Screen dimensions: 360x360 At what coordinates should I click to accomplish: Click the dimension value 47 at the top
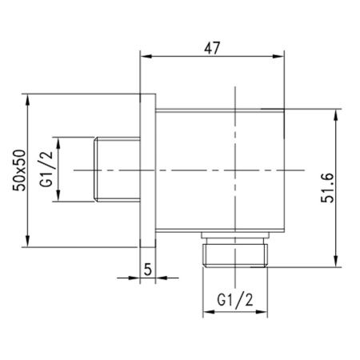pyautogui.click(x=212, y=47)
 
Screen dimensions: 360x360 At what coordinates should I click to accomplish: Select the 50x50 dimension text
pyautogui.click(x=22, y=171)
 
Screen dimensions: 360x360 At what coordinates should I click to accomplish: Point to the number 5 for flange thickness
pyautogui.click(x=148, y=270)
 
